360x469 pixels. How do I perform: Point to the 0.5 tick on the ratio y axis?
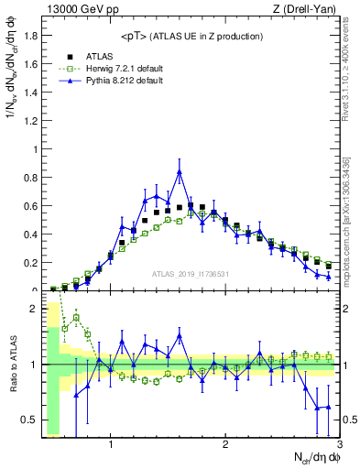(30, 420)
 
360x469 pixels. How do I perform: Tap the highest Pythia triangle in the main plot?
(180, 171)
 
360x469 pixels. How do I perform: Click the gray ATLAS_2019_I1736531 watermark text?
(190, 273)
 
